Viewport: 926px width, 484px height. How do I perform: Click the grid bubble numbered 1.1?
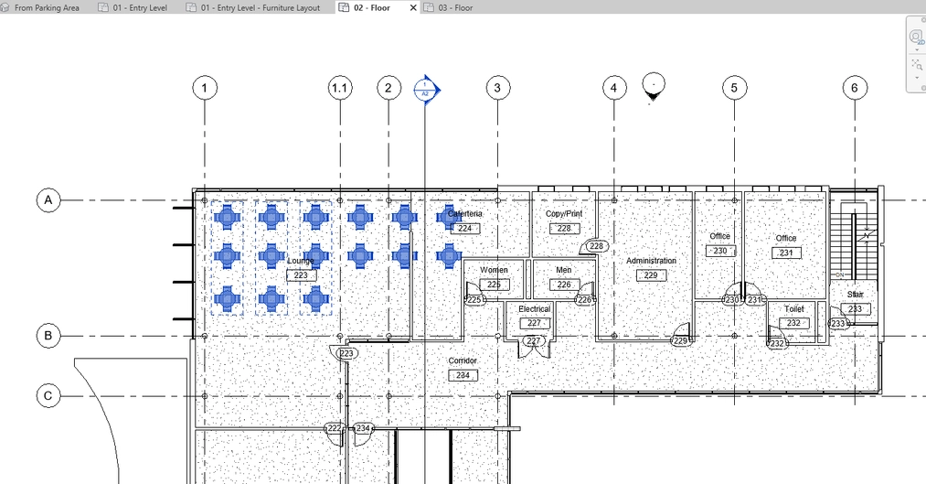tap(340, 88)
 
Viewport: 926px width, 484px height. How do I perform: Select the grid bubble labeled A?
tap(48, 200)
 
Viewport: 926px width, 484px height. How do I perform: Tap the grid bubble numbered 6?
tap(855, 88)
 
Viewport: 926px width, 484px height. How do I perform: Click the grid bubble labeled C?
tap(48, 396)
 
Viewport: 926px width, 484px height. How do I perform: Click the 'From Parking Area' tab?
tap(47, 7)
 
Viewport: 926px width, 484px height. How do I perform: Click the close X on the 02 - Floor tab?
tap(413, 7)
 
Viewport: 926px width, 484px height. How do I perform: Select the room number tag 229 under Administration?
tap(651, 275)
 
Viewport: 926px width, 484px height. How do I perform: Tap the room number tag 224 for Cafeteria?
tap(464, 228)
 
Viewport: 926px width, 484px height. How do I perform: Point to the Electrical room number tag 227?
tap(534, 323)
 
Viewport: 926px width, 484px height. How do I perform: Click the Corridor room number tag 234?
tap(463, 375)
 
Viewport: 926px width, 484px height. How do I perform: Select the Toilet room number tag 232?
tap(793, 323)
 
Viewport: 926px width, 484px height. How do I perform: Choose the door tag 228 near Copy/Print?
tap(597, 246)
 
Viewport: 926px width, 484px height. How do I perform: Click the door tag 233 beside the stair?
tap(837, 324)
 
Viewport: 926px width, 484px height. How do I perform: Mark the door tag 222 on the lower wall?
tap(335, 428)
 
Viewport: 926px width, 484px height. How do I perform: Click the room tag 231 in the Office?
tap(786, 253)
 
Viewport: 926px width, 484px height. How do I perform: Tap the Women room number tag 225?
tap(494, 285)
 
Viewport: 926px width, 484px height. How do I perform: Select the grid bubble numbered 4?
tap(613, 88)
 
